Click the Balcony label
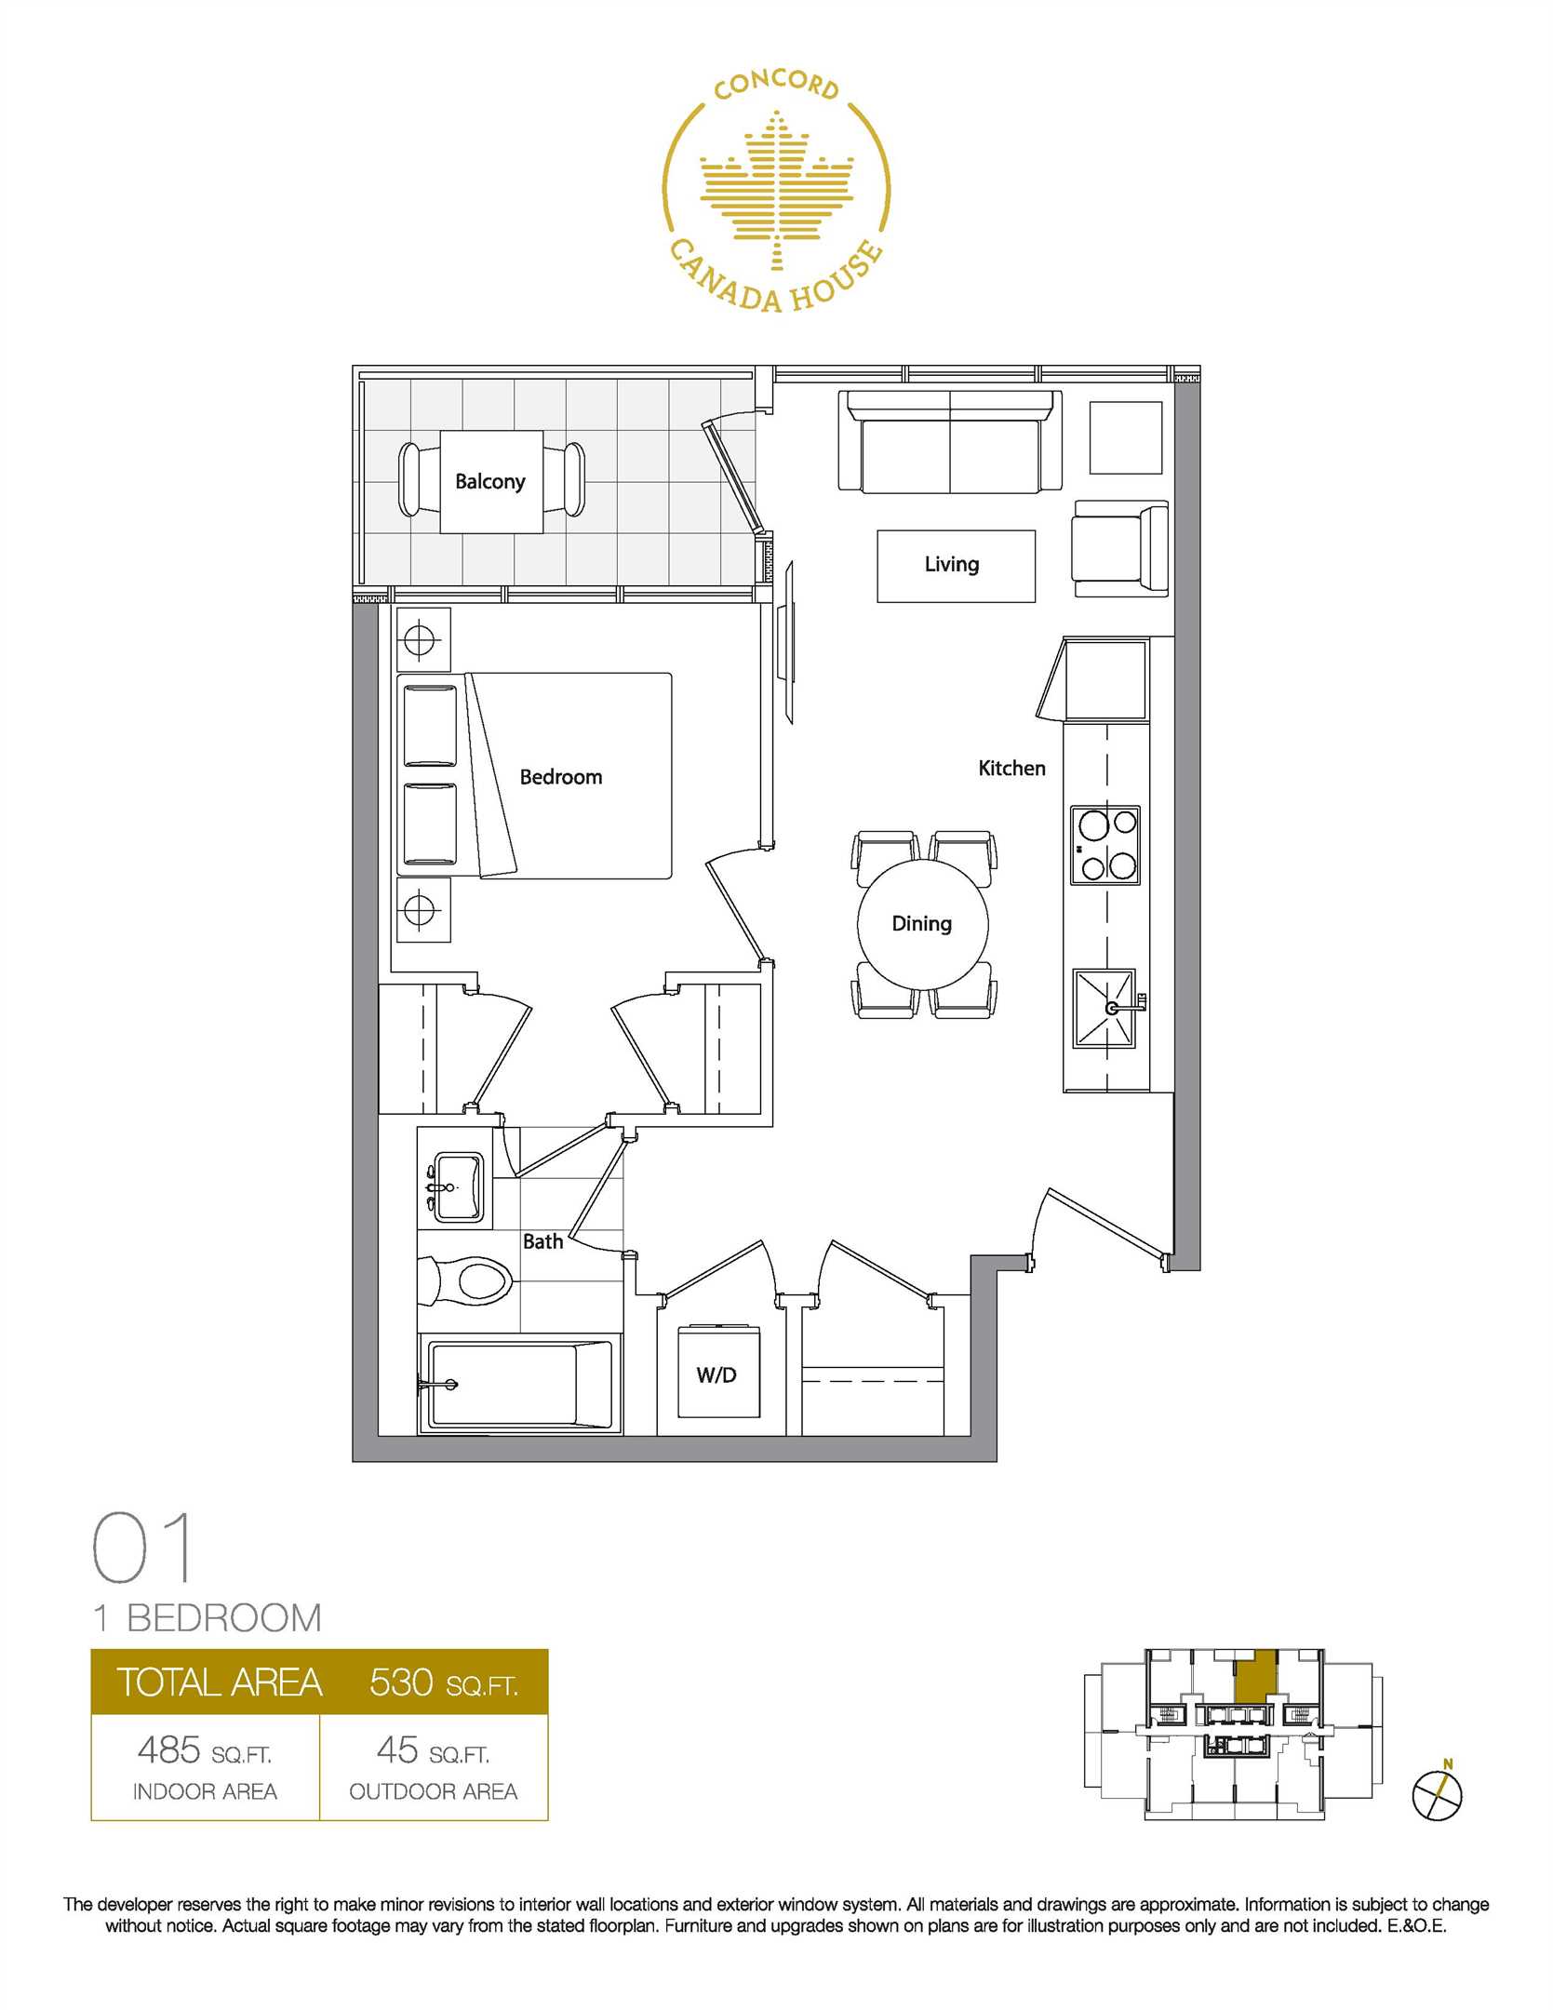click(x=489, y=481)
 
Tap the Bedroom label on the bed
click(x=560, y=776)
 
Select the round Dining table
click(x=922, y=924)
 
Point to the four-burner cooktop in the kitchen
click(x=1105, y=844)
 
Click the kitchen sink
click(x=1105, y=1008)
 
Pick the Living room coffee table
click(x=956, y=566)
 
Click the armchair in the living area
click(x=1119, y=549)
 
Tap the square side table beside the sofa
click(x=1126, y=437)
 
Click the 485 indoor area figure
click(x=168, y=1750)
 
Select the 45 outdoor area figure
click(x=397, y=1750)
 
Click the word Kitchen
click(x=1011, y=768)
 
